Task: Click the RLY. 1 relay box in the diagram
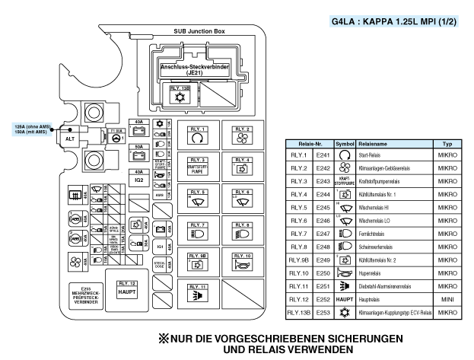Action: (198, 135)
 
